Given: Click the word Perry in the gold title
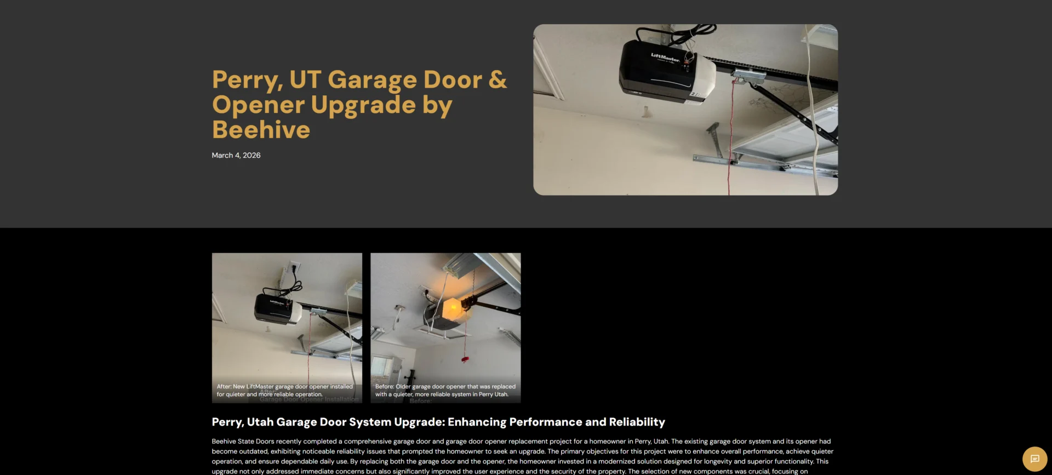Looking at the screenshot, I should tap(247, 81).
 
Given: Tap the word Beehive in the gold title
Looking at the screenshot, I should tap(261, 130).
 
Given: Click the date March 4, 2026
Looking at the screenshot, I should tap(236, 156).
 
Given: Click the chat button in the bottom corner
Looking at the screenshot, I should tap(1034, 459).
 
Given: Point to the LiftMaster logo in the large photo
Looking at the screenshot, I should tap(665, 56).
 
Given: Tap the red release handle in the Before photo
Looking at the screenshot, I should tap(465, 359).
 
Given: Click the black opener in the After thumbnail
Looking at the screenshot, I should tap(274, 308).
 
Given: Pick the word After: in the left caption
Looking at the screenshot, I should tap(224, 387).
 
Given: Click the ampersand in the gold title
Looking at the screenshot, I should tap(498, 80).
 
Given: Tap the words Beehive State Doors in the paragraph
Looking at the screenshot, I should tap(243, 442).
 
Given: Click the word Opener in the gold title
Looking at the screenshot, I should tap(258, 105).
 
